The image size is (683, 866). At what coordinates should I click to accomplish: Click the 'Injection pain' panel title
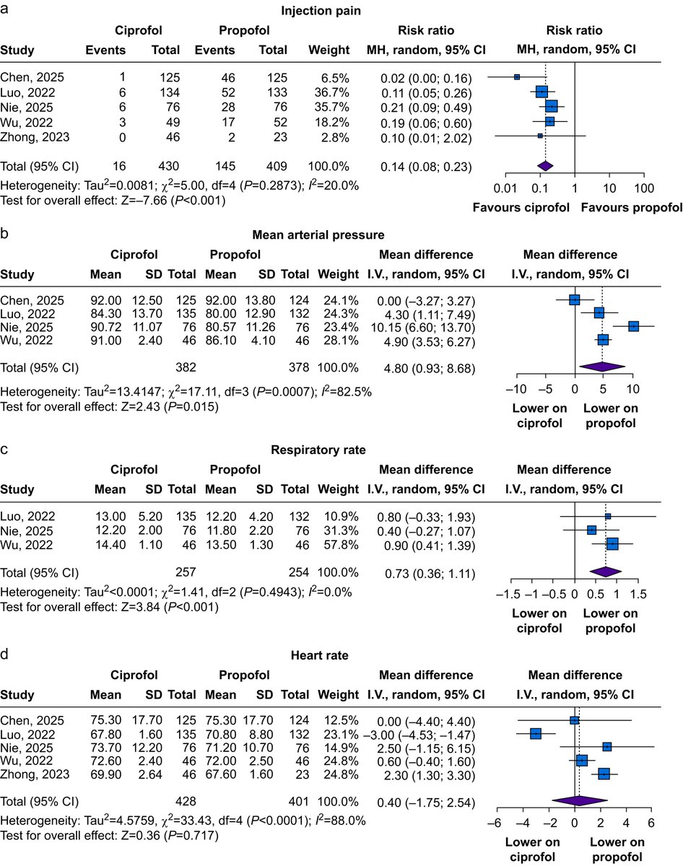click(341, 11)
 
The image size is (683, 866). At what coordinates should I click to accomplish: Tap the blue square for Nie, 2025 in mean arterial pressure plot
click(633, 325)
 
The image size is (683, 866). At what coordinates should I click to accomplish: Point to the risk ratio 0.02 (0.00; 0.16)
click(426, 77)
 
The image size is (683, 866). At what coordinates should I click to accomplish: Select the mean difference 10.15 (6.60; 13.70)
click(426, 326)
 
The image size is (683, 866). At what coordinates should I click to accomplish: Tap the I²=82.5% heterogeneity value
click(357, 393)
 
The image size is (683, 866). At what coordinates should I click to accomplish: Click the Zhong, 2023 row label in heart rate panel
click(35, 774)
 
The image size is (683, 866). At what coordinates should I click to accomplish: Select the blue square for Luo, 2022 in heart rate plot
click(536, 733)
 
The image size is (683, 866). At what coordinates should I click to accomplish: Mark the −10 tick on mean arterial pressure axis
click(518, 390)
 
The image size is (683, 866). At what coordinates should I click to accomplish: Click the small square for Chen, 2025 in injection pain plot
click(517, 76)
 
